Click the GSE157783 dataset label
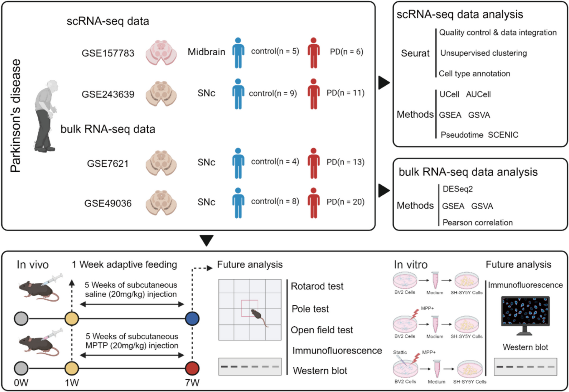108,53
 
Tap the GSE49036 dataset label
108,203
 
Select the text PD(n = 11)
345,93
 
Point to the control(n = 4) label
275,162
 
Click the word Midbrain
206,52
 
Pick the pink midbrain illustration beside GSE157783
161,53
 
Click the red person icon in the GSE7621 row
314,163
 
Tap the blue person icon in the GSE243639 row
238,94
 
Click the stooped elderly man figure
46,116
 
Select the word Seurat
415,53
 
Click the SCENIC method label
503,135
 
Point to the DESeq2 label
458,189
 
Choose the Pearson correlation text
477,222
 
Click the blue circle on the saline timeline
192,318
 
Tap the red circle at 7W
192,368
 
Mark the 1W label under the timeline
72,383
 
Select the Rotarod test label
317,286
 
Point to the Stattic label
400,352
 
